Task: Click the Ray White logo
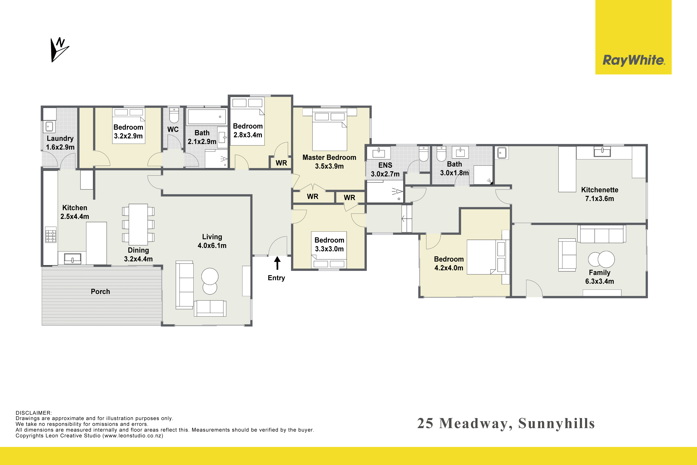(633, 37)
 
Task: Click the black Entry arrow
(277, 263)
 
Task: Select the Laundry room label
(60, 138)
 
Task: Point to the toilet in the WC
(174, 115)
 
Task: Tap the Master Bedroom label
(329, 157)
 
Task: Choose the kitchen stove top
(51, 235)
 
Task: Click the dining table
(138, 224)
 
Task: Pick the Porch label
(100, 291)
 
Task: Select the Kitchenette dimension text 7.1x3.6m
(599, 199)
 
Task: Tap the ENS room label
(385, 165)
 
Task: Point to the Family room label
(599, 272)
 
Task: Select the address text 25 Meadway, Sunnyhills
(506, 424)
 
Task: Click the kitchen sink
(73, 259)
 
